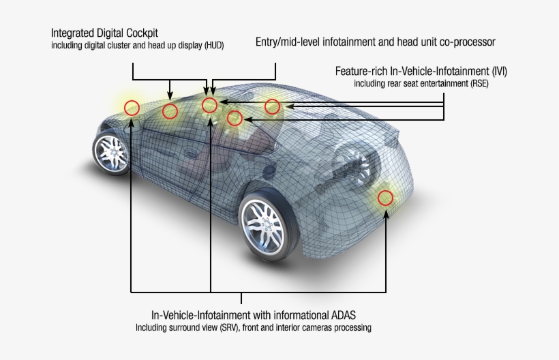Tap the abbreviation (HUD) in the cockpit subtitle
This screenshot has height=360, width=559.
pos(211,46)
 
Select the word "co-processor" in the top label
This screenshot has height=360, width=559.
pos(466,42)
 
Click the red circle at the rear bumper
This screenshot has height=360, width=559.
pos(386,198)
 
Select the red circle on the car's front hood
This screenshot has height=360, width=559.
pos(132,108)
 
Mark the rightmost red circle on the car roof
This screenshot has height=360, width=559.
pos(272,106)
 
